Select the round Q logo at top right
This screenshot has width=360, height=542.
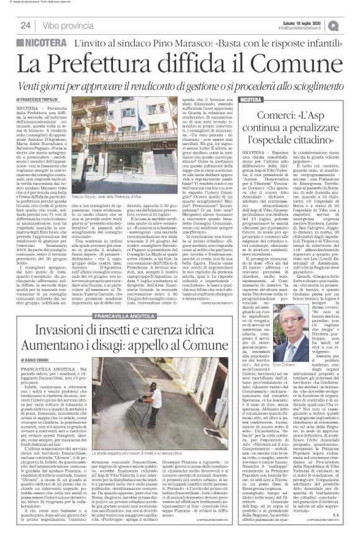coord(350,23)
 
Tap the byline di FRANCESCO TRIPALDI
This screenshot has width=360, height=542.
coord(40,99)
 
